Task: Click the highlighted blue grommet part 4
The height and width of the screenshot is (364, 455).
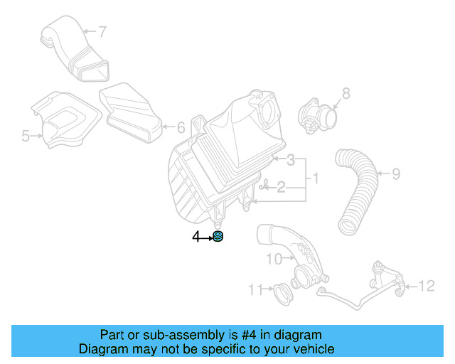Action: pos(219,238)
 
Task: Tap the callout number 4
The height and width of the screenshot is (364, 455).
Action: pos(196,238)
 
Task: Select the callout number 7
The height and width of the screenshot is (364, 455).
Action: pos(102,31)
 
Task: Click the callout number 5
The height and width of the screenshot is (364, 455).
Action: pos(26,135)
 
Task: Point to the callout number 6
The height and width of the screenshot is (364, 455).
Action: pos(181,128)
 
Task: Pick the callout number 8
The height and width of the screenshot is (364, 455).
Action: pos(346,92)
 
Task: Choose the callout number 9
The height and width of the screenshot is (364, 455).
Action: pos(396,173)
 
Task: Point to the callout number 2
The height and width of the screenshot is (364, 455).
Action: pos(281,187)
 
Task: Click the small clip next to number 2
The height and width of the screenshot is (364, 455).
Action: pos(264,187)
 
